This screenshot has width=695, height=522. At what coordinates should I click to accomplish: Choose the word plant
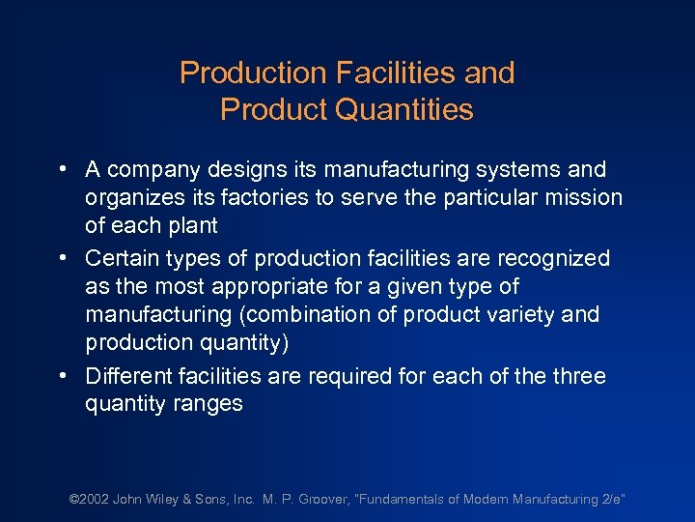click(x=191, y=226)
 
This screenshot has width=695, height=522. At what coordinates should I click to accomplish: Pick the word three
click(x=578, y=375)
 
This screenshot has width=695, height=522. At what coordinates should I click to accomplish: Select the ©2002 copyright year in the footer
click(x=89, y=500)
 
